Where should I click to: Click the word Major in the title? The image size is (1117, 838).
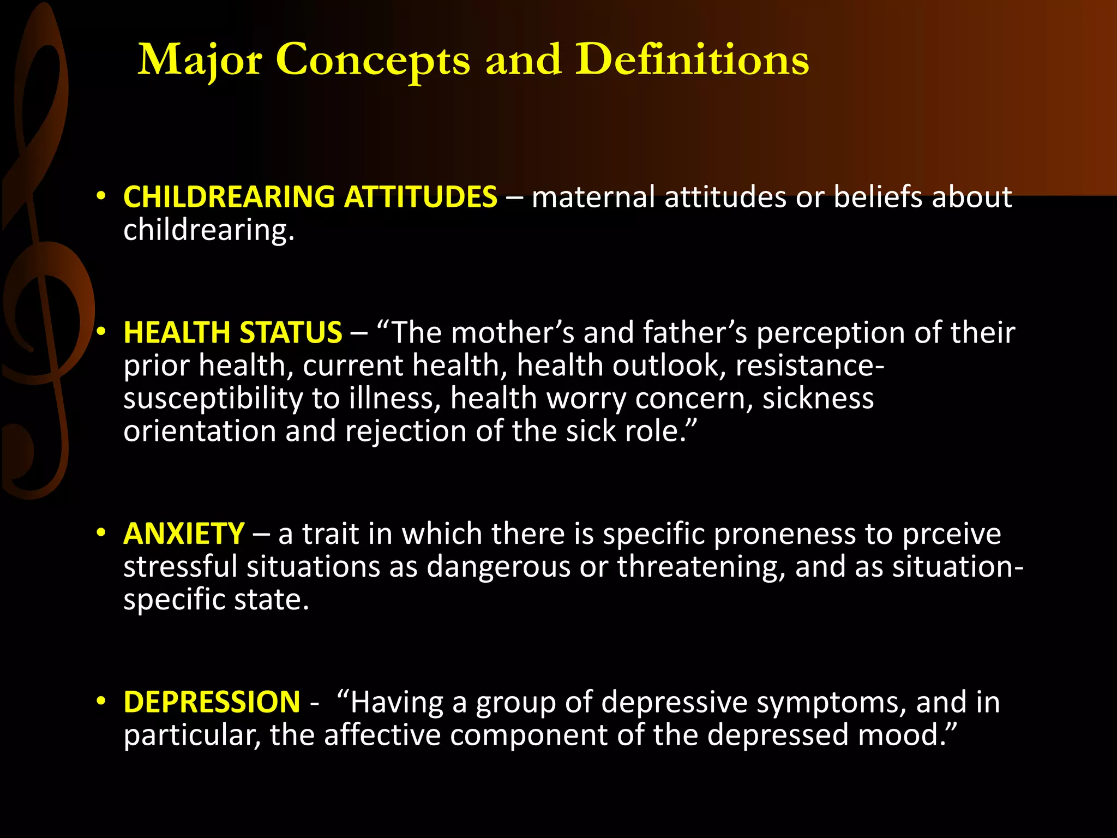pos(200,60)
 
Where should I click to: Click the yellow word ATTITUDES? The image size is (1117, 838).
pos(421,197)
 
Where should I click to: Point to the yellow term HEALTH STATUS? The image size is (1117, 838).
pos(232,332)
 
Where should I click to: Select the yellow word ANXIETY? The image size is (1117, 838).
pos(184,534)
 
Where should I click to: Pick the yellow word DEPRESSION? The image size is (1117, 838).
pos(212,702)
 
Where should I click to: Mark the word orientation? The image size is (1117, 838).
pos(200,432)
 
